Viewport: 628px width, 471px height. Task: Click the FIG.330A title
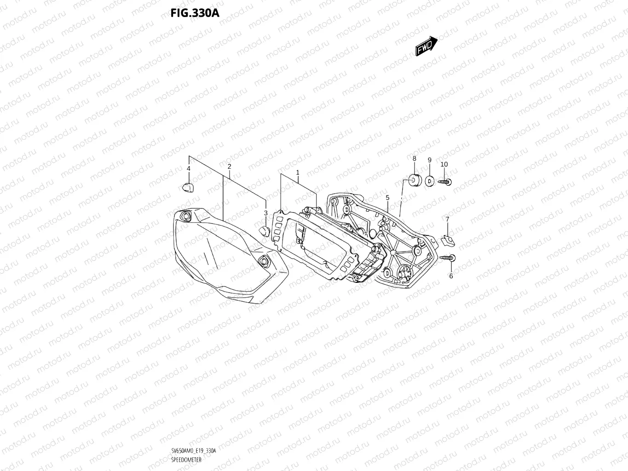(195, 13)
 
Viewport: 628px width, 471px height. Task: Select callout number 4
(188, 169)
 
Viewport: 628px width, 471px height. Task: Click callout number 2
(229, 167)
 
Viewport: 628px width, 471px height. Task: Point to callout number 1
(298, 172)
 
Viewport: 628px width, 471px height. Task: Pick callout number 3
(265, 213)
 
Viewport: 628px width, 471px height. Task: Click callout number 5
(387, 197)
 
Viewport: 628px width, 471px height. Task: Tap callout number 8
(414, 159)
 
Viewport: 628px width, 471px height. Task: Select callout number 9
(429, 160)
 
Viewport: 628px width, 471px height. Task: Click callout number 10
(444, 164)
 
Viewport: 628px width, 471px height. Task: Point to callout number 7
(447, 219)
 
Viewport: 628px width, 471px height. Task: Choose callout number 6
(451, 276)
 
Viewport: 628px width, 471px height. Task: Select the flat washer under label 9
(429, 181)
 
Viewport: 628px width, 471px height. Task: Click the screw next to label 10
(445, 182)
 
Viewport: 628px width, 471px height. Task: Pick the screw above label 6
(448, 258)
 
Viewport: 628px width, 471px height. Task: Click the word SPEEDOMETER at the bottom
(186, 460)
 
